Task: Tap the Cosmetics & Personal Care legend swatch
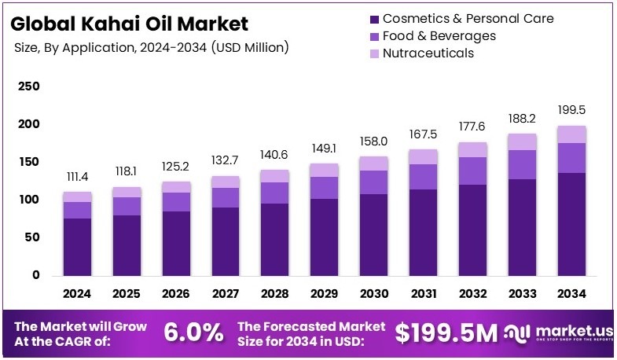click(x=373, y=18)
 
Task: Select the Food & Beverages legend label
click(x=439, y=35)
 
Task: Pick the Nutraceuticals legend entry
click(x=428, y=53)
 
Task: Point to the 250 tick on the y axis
click(x=28, y=86)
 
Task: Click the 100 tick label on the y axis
click(x=28, y=200)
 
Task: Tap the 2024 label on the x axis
click(x=77, y=294)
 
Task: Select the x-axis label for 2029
click(x=324, y=294)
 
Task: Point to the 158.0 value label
click(x=373, y=141)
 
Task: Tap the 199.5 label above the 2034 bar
click(x=571, y=109)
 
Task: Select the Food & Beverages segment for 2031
click(x=423, y=176)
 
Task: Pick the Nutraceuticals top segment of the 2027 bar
click(x=226, y=182)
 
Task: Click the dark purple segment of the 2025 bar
click(x=127, y=245)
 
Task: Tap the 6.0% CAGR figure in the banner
click(x=193, y=332)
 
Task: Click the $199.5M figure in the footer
click(x=446, y=332)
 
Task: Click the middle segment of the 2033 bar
click(x=522, y=164)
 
